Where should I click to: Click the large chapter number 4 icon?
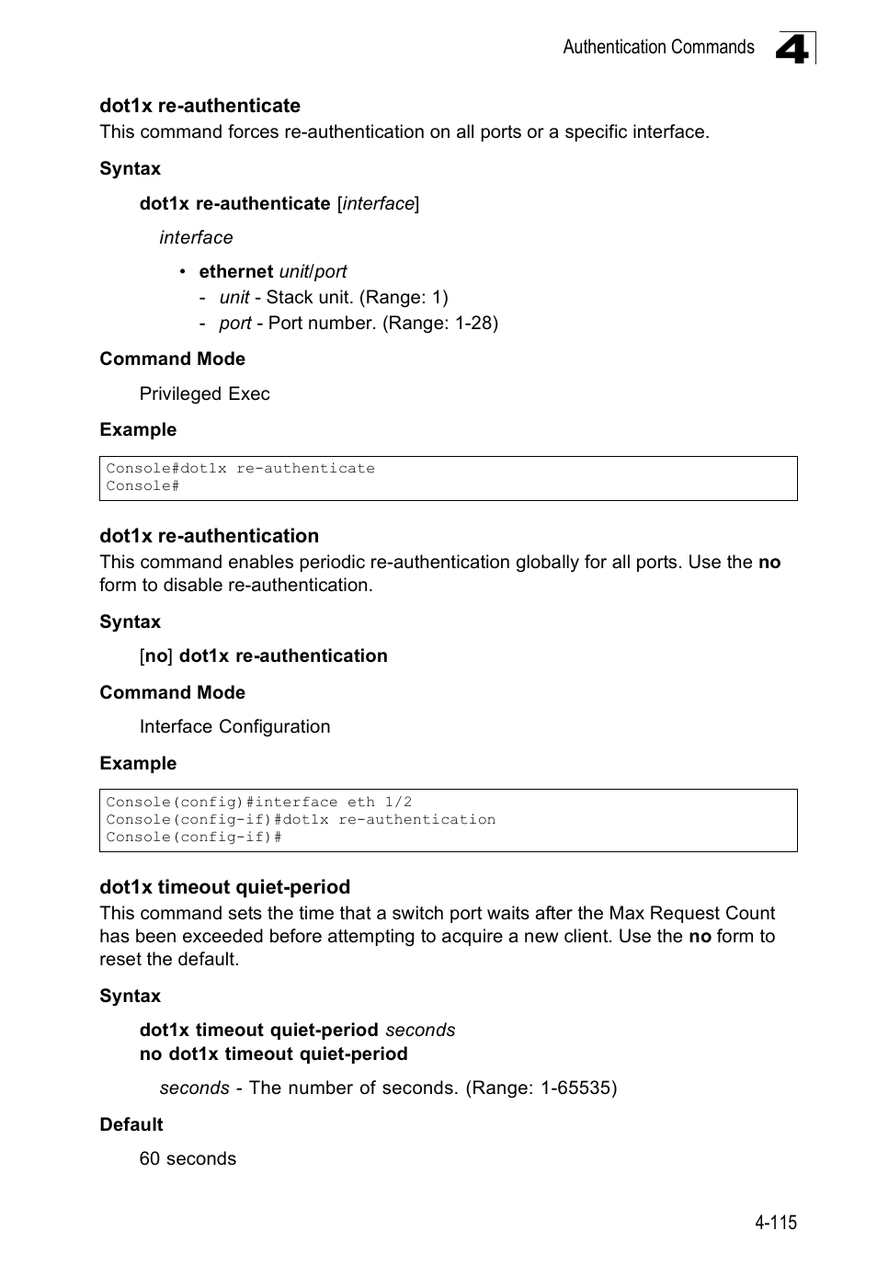point(793,48)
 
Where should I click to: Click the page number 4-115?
point(775,1222)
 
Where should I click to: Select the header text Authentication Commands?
point(657,47)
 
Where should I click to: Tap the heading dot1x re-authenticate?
point(199,106)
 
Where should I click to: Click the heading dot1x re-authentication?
point(209,536)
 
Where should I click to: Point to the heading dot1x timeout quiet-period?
point(224,887)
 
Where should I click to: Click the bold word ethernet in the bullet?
point(235,271)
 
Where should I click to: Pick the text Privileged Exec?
point(204,393)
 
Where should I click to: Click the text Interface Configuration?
point(234,726)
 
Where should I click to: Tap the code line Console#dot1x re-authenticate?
point(240,469)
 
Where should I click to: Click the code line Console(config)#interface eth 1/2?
point(258,802)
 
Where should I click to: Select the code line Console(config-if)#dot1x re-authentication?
point(300,819)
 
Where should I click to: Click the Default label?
point(131,1124)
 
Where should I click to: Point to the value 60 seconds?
point(188,1158)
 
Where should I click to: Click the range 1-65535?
point(575,1088)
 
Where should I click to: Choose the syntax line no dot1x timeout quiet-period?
point(273,1054)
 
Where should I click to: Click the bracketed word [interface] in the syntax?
point(378,203)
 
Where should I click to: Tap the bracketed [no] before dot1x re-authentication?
point(156,655)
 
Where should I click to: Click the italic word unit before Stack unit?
point(233,297)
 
